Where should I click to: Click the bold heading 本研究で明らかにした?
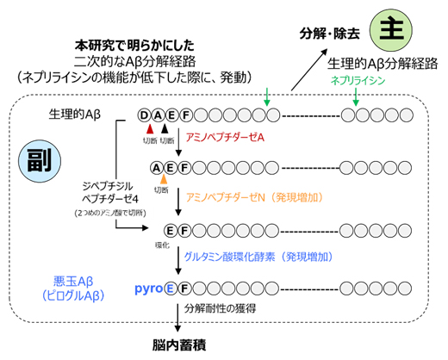point(132,43)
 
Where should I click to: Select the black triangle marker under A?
point(165,129)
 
